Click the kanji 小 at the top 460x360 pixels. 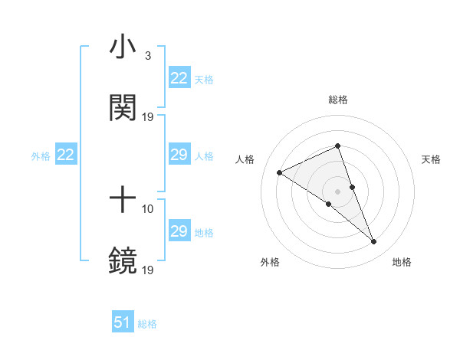click(123, 47)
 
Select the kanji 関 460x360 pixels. click(123, 107)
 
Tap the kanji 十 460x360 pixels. click(123, 201)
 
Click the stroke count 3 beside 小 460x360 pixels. click(147, 56)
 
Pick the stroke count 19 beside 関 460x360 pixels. click(148, 116)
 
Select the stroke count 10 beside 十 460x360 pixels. click(148, 208)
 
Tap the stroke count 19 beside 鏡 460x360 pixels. click(148, 270)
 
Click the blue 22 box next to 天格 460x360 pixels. click(179, 78)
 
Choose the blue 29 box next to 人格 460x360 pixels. click(179, 155)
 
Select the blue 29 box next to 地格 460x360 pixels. click(179, 231)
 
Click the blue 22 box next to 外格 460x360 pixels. click(65, 155)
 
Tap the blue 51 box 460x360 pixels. click(123, 322)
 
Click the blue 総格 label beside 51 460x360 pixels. click(147, 324)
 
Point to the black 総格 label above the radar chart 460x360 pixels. click(337, 100)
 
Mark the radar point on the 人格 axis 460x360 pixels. click(280, 172)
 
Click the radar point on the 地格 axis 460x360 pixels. click(374, 242)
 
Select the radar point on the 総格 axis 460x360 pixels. click(337, 146)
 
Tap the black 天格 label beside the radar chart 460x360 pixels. click(431, 159)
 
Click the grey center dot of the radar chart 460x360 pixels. click(337, 191)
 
